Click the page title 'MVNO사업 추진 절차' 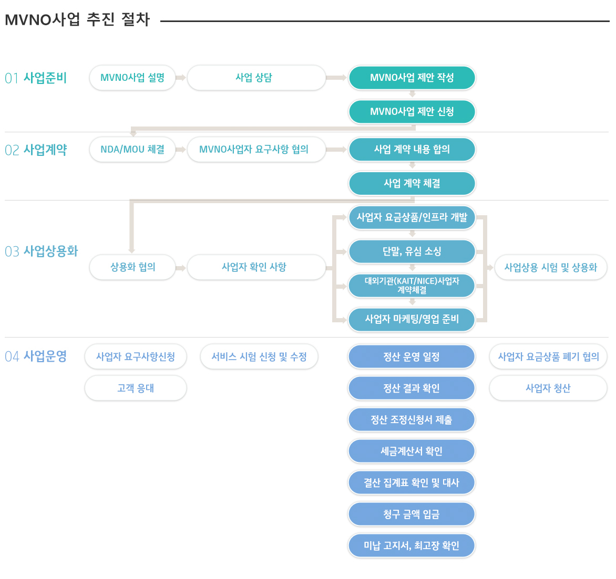tap(77, 19)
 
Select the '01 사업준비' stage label tap(36, 78)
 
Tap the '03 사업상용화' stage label tap(41, 251)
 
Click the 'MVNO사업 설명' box tap(132, 78)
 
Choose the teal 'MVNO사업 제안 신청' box tap(412, 112)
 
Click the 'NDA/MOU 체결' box tap(132, 150)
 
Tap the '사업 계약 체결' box tap(412, 183)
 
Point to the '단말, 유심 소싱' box tap(412, 251)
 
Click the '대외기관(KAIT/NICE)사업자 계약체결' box tap(412, 285)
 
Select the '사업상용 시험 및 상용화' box tap(551, 268)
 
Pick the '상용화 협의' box tap(132, 267)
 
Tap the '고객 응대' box tap(136, 388)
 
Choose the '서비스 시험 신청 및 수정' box tap(259, 356)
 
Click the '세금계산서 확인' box tap(412, 451)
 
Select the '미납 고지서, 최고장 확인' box tap(412, 545)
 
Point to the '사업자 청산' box tap(548, 388)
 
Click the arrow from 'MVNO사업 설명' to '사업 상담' tap(181, 78)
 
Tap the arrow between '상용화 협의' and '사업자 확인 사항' tap(181, 268)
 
